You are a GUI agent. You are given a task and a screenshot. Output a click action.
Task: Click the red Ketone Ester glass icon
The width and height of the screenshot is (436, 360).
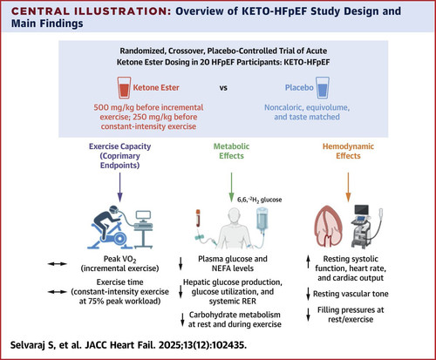tap(124, 88)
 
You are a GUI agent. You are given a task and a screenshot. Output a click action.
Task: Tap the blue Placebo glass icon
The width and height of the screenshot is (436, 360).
tap(323, 88)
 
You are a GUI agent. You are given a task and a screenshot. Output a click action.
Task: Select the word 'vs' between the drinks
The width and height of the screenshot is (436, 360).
tap(223, 88)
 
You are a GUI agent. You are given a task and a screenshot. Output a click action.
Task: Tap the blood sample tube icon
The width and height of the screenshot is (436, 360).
tap(198, 218)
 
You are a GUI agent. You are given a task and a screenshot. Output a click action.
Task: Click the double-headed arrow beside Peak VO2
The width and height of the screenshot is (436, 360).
tap(58, 264)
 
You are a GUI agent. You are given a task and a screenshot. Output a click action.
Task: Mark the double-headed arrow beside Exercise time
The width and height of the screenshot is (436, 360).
tap(58, 292)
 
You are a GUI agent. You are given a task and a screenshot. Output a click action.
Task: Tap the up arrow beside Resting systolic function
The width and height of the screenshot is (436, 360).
tap(309, 262)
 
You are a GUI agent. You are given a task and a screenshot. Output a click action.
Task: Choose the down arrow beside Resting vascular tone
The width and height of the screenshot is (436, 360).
tap(309, 294)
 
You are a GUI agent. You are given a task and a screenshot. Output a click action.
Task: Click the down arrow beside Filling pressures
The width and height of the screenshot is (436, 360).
tap(309, 314)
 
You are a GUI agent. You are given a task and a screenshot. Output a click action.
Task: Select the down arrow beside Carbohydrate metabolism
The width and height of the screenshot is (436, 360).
tap(182, 319)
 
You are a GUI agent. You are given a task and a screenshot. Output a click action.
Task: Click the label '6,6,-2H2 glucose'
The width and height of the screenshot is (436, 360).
tap(260, 200)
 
